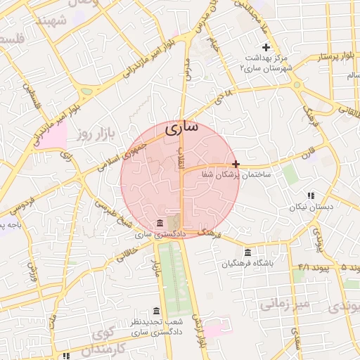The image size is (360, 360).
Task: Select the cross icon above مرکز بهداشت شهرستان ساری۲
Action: click(x=266, y=46)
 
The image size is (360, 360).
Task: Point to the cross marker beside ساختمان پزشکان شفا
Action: click(x=236, y=163)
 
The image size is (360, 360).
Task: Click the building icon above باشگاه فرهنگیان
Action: click(x=247, y=253)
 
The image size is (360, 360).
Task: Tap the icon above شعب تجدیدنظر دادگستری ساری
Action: click(x=156, y=311)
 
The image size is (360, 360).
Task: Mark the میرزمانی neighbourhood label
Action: click(x=285, y=304)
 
